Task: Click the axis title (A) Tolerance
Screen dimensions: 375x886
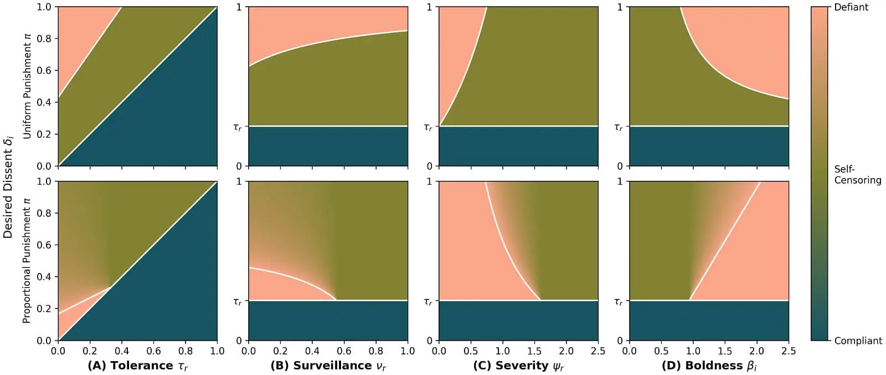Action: click(137, 366)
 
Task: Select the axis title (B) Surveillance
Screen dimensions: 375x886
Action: click(328, 366)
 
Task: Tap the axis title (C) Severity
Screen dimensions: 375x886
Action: click(518, 366)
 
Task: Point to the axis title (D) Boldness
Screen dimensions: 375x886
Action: click(709, 366)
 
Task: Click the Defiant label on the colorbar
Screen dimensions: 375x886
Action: click(851, 7)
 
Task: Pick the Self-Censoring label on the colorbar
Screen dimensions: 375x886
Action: click(857, 174)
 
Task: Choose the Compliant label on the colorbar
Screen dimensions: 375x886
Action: click(858, 341)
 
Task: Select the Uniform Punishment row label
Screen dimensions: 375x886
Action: click(27, 87)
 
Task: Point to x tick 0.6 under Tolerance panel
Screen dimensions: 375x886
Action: click(153, 351)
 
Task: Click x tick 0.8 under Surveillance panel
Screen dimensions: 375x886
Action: click(376, 351)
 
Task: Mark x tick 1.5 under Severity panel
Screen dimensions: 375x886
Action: click(534, 351)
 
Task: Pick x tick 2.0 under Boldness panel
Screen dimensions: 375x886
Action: click(756, 351)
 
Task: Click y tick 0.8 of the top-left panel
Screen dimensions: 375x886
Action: click(44, 39)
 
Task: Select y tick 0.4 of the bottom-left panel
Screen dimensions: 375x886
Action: click(44, 277)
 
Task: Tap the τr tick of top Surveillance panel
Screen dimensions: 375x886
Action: click(238, 127)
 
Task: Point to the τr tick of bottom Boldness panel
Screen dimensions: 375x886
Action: click(618, 301)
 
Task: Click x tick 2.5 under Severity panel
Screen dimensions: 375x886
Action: click(597, 351)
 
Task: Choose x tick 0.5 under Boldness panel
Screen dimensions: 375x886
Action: click(661, 351)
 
